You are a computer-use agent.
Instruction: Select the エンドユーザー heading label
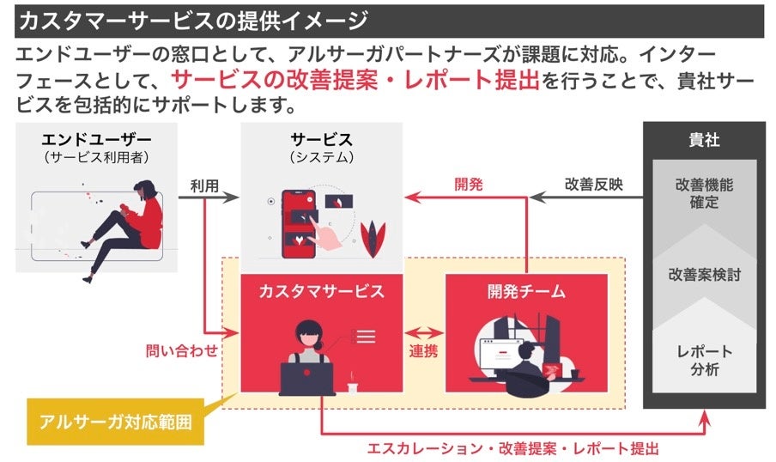point(96,140)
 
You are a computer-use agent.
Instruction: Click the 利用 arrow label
point(203,184)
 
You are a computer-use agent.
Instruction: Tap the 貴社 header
point(704,141)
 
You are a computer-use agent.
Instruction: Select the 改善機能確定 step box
point(704,193)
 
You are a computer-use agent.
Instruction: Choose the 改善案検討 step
point(704,275)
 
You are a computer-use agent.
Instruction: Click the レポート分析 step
point(704,361)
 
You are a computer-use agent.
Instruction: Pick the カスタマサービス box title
point(321,292)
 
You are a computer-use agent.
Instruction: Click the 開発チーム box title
point(526,292)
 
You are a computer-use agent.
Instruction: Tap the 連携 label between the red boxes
point(424,351)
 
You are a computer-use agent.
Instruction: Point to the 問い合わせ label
point(181,351)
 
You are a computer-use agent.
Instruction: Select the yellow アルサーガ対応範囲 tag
point(115,422)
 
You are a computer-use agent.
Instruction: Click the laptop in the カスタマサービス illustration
point(306,378)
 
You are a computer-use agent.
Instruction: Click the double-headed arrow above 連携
point(424,330)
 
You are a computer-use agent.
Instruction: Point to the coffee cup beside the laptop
point(352,385)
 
